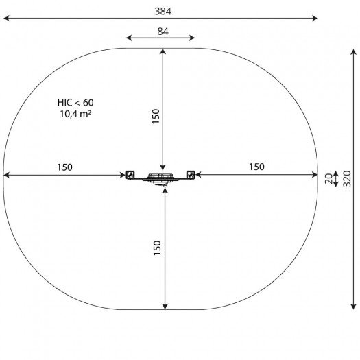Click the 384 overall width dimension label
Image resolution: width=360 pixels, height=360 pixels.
[163, 11]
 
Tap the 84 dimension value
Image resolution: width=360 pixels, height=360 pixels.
[163, 32]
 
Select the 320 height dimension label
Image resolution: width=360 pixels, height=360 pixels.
[347, 179]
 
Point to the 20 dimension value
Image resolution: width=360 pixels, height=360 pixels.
[328, 179]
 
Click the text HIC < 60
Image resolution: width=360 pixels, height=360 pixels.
[75, 103]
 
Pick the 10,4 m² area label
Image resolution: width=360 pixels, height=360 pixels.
[75, 114]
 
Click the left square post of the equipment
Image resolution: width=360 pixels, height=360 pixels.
[130, 175]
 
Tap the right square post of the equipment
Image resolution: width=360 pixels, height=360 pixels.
[191, 175]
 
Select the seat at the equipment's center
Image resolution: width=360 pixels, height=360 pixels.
[160, 178]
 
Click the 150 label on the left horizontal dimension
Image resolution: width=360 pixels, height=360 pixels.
[64, 167]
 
